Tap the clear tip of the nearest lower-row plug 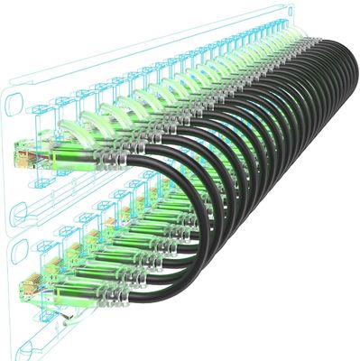(25, 291)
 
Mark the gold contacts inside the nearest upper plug (20, 161)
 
